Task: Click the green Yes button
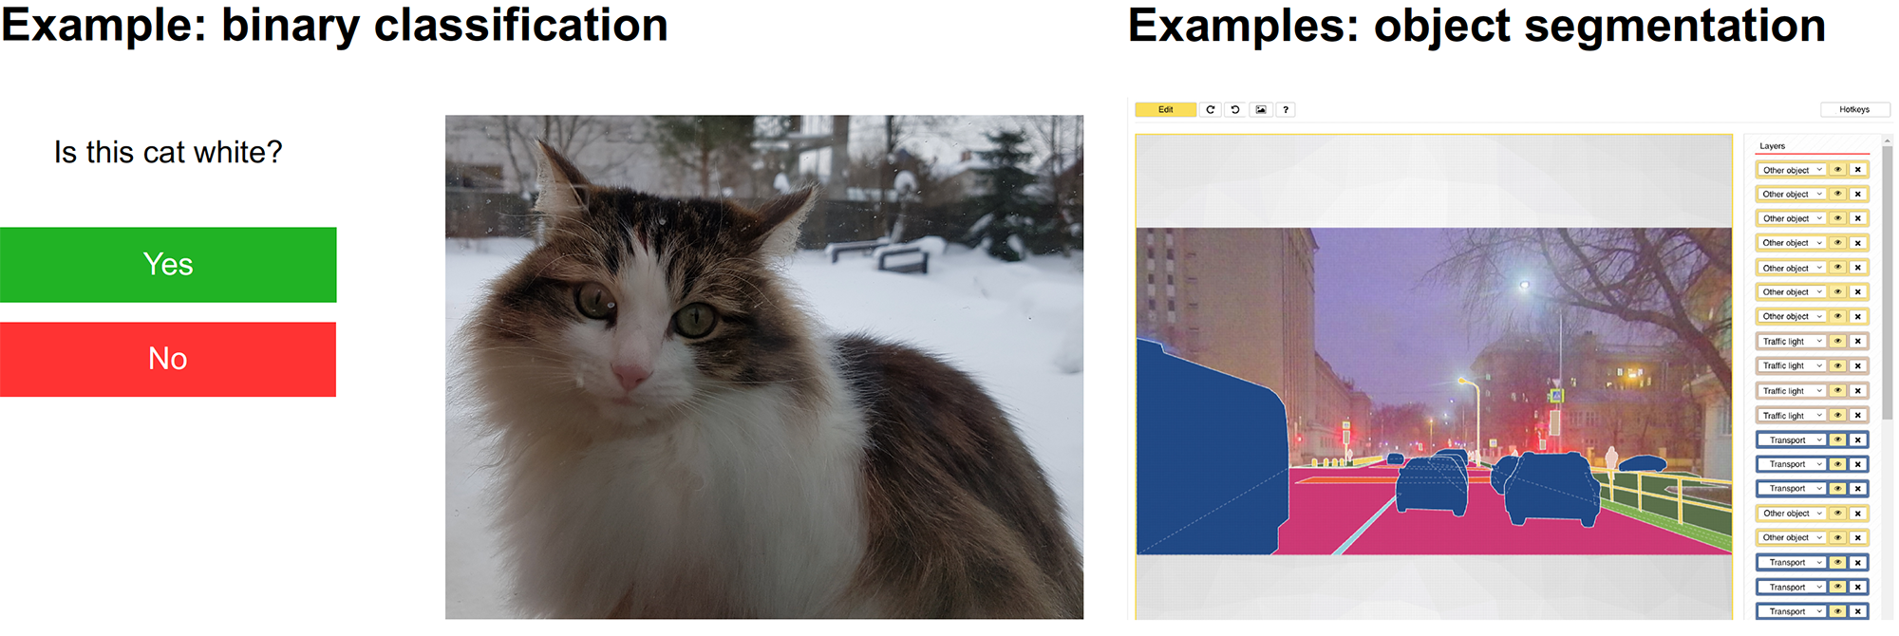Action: pos(168,265)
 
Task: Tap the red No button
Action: pos(168,359)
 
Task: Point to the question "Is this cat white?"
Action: pos(168,152)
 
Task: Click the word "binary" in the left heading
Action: pos(290,25)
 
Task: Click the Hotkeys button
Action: pos(1854,109)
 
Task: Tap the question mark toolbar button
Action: pos(1286,109)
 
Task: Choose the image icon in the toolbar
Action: pos(1260,109)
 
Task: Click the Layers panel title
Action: pos(1772,146)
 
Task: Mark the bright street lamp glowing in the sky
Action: pos(1525,284)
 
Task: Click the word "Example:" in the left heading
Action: pos(103,25)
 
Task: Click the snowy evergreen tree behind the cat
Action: pos(1016,195)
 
